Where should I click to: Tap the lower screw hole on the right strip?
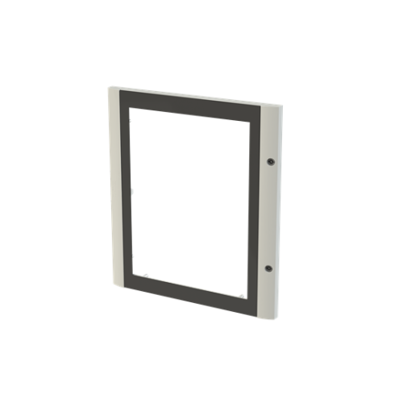pos(269,268)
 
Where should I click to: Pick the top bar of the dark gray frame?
pos(191,102)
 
